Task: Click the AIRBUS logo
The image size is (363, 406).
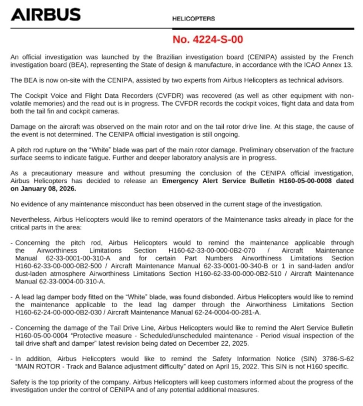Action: tap(46, 15)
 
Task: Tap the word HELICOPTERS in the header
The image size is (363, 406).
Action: tap(194, 19)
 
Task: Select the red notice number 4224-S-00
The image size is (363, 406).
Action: tap(208, 39)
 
